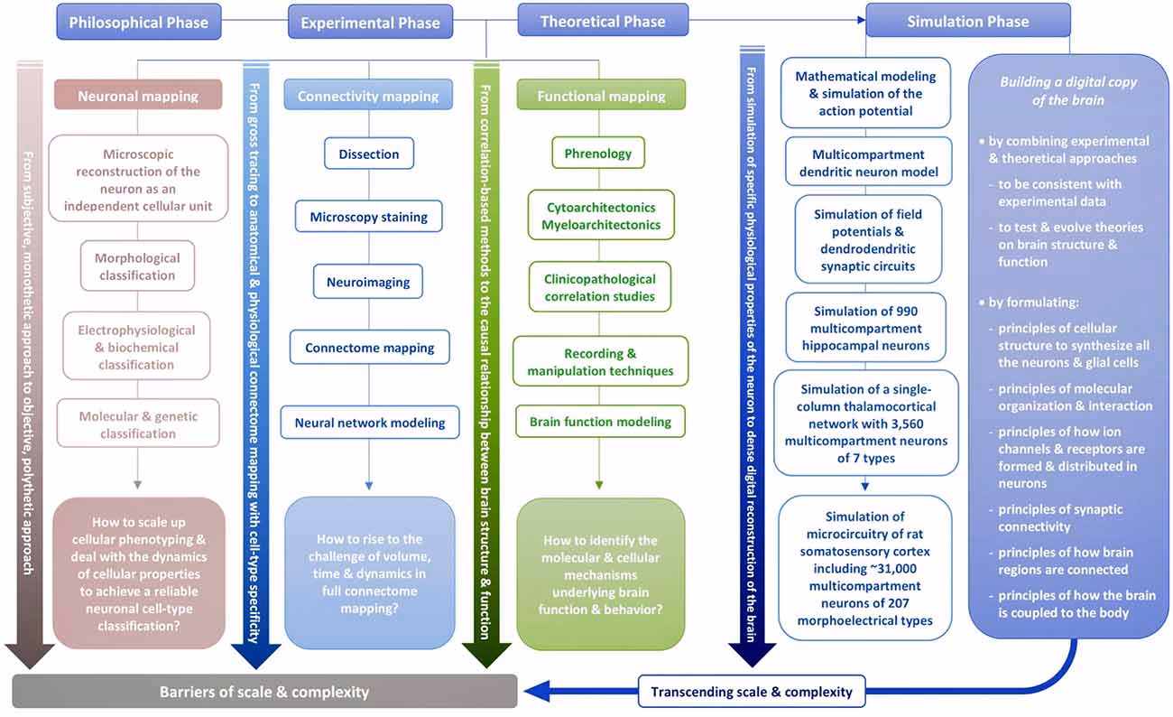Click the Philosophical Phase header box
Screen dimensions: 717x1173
[138, 22]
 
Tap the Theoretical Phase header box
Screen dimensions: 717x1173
[603, 21]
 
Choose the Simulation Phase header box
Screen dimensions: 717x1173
[967, 21]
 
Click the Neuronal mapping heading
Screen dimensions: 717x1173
[138, 95]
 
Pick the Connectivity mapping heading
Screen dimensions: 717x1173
[368, 96]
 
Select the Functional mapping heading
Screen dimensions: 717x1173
[601, 96]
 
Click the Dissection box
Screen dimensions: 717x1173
[368, 154]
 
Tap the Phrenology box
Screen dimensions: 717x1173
[598, 153]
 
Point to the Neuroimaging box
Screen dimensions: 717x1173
[368, 283]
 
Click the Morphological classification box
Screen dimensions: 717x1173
[137, 266]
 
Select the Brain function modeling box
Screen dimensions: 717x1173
[600, 422]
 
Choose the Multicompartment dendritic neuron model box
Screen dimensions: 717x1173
[867, 163]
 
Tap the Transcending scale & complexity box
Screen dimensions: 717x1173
[752, 693]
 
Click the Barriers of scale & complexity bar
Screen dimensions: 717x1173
[264, 693]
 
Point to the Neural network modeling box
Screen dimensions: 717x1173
[370, 423]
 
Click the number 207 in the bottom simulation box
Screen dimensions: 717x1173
[911, 604]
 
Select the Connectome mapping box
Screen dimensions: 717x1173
[369, 348]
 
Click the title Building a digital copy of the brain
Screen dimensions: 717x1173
[1068, 90]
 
